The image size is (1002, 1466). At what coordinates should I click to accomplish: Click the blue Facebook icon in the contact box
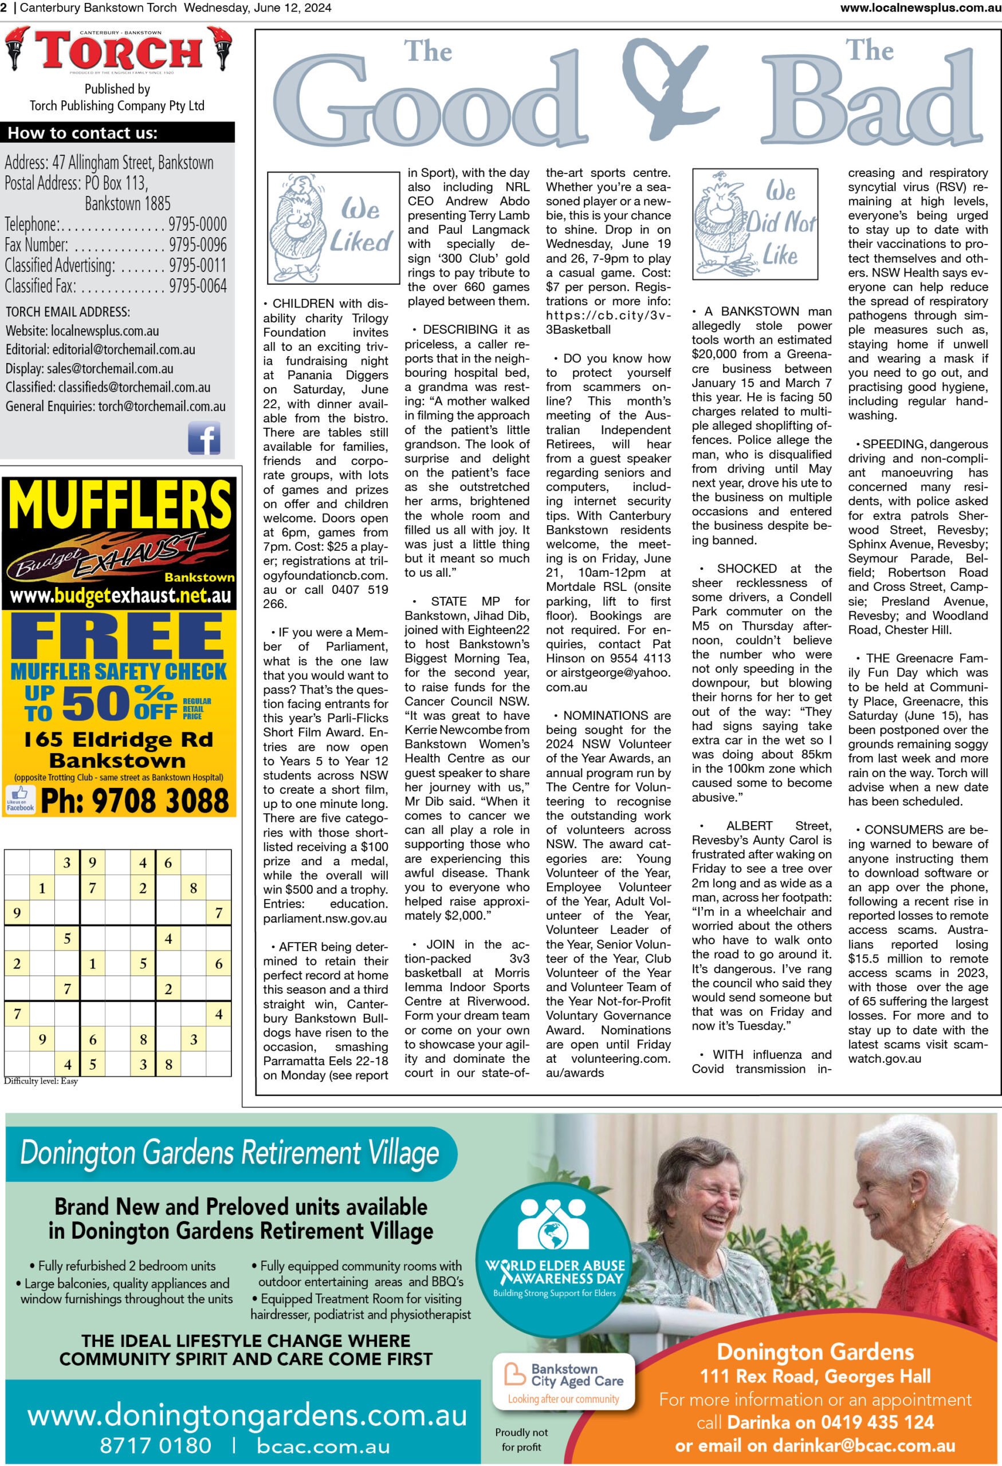(204, 438)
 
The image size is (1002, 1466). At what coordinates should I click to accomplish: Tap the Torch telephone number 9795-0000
(197, 224)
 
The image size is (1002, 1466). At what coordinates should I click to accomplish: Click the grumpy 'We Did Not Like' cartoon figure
(720, 222)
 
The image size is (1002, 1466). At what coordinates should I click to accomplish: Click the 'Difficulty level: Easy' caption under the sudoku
(41, 1081)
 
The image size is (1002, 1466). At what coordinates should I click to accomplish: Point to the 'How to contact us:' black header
(82, 133)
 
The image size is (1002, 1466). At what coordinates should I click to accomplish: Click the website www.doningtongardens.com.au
(247, 1416)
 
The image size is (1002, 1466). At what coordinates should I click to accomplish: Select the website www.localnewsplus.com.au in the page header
(920, 8)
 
